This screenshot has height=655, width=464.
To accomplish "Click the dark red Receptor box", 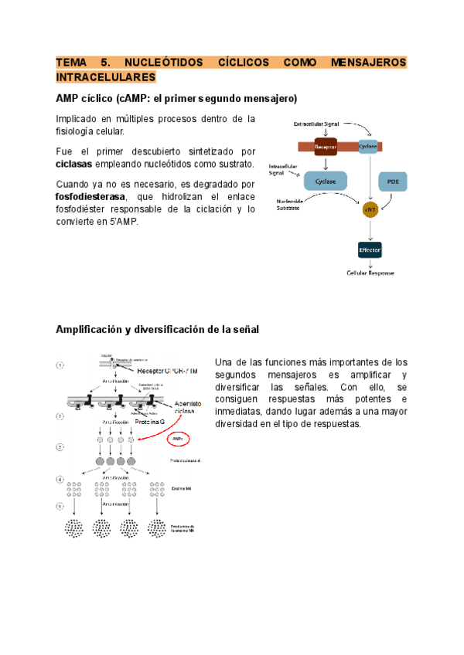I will (325, 145).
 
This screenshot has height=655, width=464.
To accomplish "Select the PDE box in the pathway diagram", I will (392, 182).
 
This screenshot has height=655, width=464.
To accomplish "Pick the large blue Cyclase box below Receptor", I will (325, 182).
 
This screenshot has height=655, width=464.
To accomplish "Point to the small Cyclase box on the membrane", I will (368, 145).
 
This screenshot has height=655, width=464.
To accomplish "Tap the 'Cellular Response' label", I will (370, 273).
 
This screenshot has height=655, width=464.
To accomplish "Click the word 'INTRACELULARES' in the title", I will (105, 77).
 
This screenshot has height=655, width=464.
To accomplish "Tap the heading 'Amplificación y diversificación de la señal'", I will (157, 329).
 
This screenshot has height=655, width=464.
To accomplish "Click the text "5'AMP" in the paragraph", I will (121, 222).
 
